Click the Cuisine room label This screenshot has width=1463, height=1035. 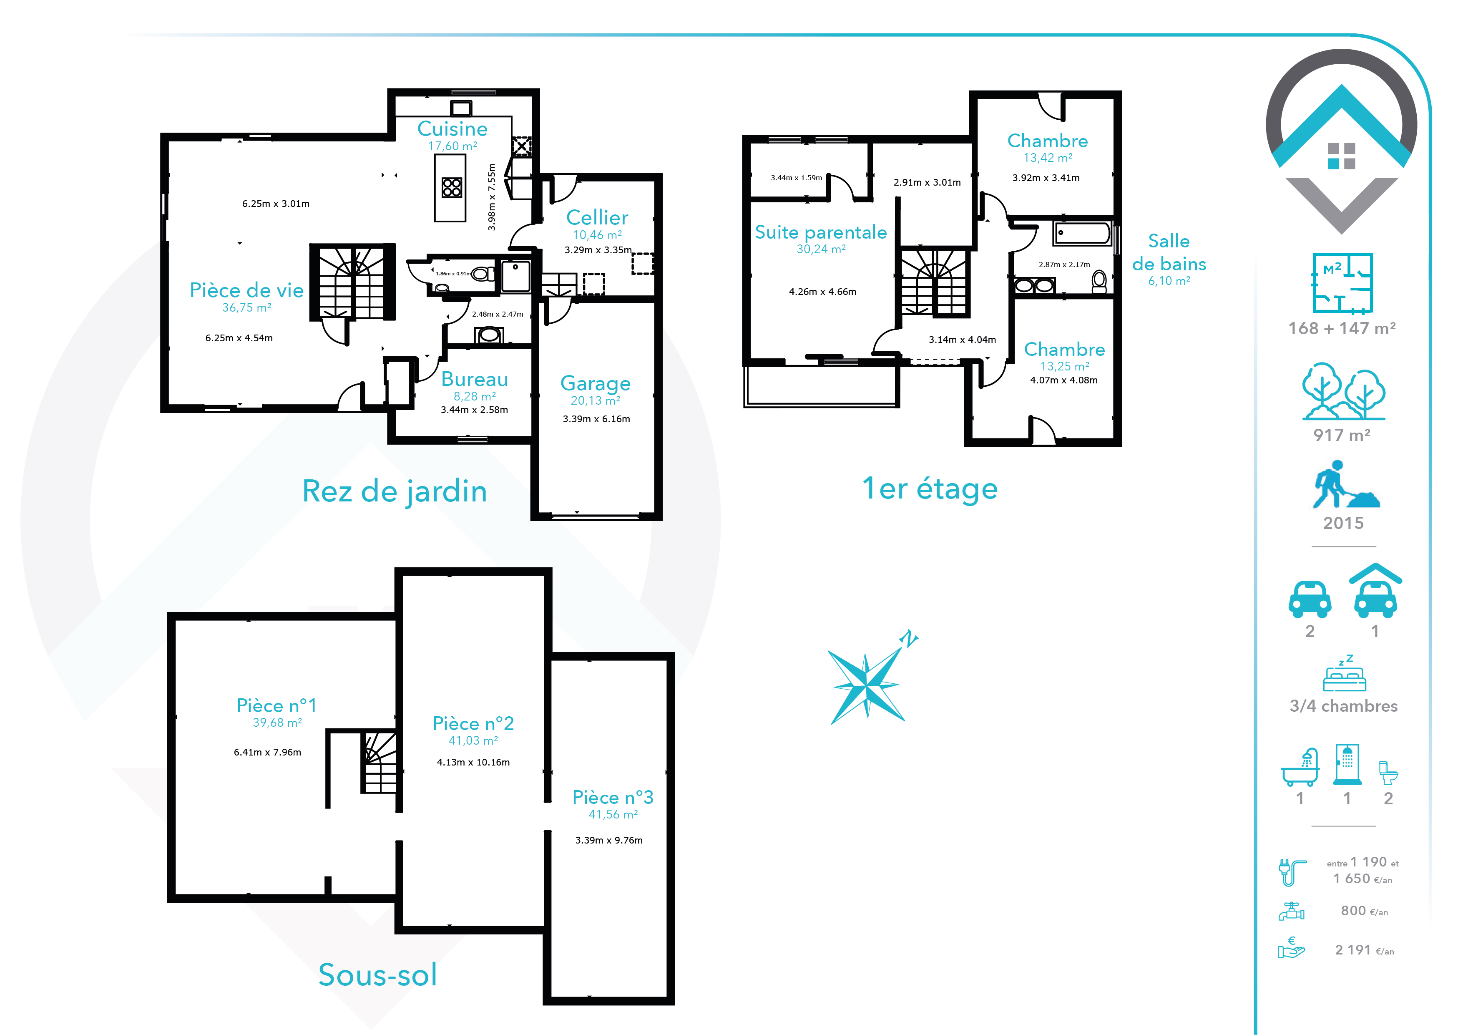click(x=452, y=129)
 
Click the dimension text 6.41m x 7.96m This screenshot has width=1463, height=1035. click(x=268, y=752)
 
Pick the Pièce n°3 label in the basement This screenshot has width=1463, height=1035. click(x=613, y=797)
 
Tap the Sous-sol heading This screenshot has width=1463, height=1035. click(x=378, y=975)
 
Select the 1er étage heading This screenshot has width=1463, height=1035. click(x=930, y=489)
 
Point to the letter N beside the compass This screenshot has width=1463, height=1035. click(x=909, y=638)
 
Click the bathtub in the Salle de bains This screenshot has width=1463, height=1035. click(x=1082, y=233)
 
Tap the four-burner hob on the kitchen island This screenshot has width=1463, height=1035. click(x=452, y=187)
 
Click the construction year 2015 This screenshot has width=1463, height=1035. click(x=1343, y=523)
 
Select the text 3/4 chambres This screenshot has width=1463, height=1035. click(x=1343, y=706)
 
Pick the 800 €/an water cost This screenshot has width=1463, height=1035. click(x=1364, y=911)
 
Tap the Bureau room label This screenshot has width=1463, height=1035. click(x=475, y=379)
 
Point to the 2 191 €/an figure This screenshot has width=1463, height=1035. click(x=1364, y=950)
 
